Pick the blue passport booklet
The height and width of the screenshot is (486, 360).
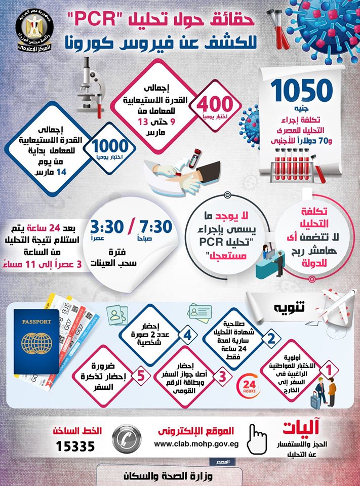(x=36, y=339)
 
